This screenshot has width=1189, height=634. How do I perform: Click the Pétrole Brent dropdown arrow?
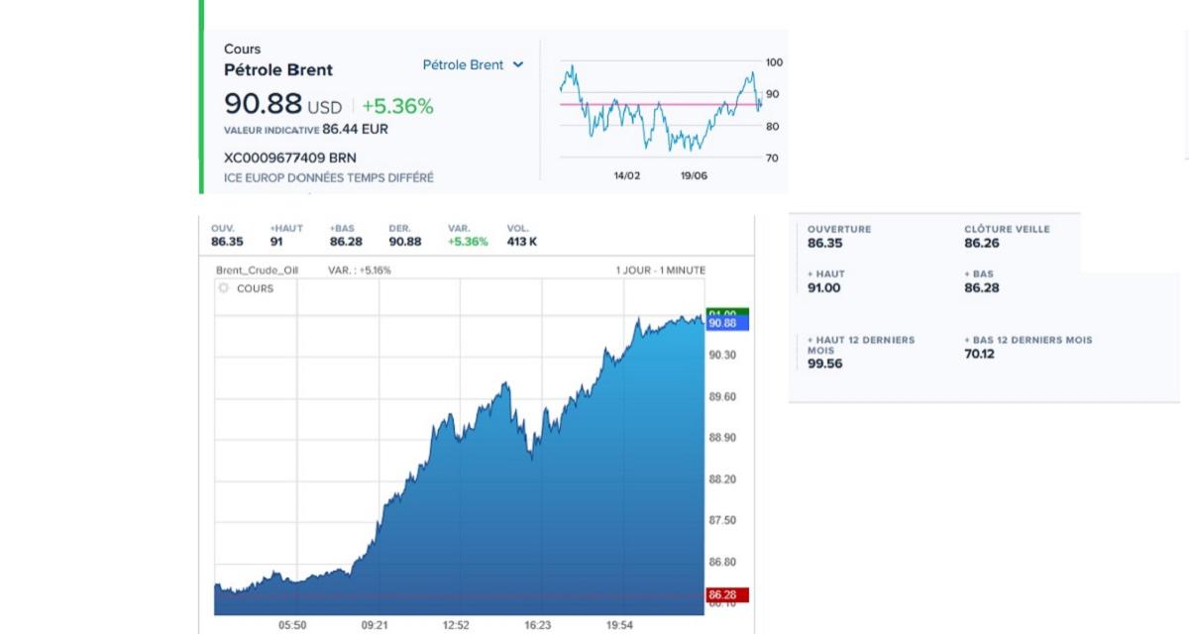(518, 65)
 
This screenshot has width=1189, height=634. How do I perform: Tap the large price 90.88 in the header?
(263, 104)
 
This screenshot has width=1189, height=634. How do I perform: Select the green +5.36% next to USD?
(397, 106)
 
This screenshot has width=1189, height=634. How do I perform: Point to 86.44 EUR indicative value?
(355, 129)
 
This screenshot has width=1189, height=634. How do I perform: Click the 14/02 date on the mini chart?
(627, 175)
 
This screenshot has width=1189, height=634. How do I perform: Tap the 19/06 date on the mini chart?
(694, 175)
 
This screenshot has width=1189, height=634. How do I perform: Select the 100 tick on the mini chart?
(774, 62)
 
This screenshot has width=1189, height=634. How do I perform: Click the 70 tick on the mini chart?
(773, 158)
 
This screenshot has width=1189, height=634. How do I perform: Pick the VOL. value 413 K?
(522, 242)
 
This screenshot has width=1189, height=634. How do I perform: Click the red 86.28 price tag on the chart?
(726, 595)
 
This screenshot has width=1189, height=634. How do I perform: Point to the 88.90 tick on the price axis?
(722, 438)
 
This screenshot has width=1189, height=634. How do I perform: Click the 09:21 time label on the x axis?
(374, 625)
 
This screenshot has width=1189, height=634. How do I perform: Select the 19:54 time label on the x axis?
(619, 625)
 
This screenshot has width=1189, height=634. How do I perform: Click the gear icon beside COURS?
(224, 288)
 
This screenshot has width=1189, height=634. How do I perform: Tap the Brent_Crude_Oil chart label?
(257, 270)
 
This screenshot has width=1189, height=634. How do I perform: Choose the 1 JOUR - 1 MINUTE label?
(661, 270)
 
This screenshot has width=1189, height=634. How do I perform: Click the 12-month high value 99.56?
(825, 364)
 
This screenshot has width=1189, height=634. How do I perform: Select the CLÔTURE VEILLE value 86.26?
(982, 243)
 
